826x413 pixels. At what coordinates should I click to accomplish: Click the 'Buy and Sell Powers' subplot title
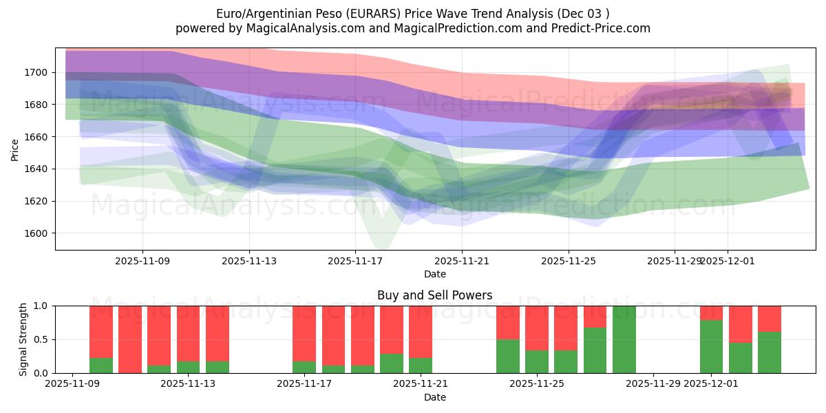(434, 295)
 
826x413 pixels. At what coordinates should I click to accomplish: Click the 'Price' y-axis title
(15, 149)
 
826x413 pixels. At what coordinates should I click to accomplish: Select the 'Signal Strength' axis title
(24, 339)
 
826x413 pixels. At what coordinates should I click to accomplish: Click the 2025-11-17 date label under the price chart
(355, 261)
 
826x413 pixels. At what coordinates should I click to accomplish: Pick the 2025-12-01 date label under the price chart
(728, 261)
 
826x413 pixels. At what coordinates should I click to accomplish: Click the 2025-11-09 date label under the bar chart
(72, 383)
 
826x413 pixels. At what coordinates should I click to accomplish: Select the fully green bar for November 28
(624, 339)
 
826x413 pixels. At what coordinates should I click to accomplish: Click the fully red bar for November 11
(130, 339)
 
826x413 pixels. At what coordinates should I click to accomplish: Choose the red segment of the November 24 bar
(508, 322)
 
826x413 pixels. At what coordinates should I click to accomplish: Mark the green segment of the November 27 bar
(595, 350)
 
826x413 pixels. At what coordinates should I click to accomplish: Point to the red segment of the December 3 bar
(770, 319)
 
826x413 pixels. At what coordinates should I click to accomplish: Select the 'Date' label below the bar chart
(434, 397)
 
